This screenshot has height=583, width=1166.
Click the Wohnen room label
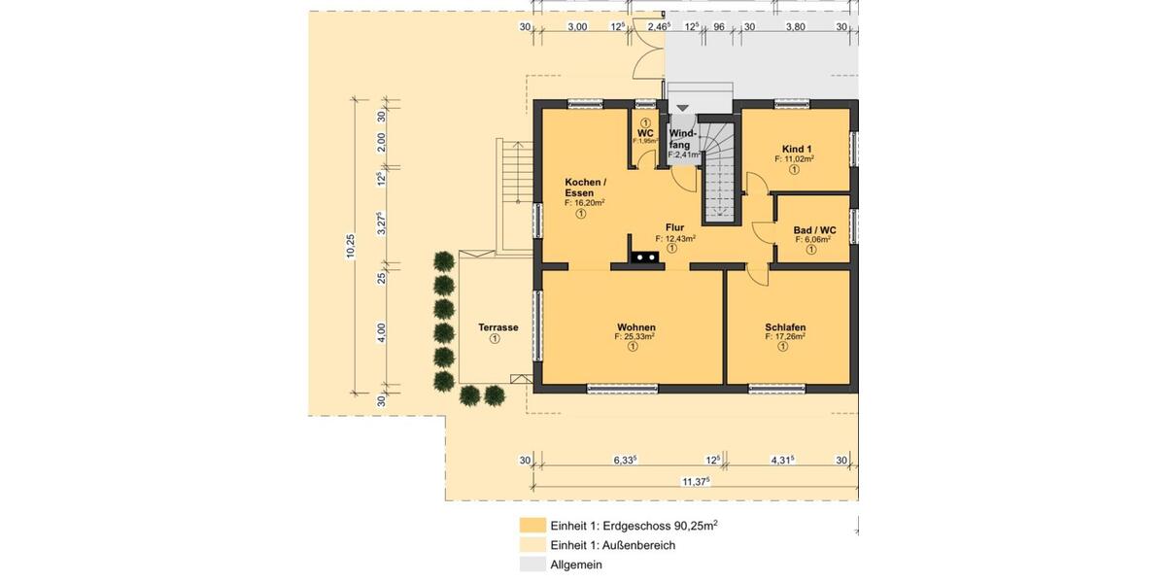[635, 327]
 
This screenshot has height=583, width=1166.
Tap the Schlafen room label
[785, 327]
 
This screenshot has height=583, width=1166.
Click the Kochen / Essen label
[585, 188]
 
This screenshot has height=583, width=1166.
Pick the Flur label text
[674, 227]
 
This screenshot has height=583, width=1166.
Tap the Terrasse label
[497, 327]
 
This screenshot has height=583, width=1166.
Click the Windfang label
[682, 138]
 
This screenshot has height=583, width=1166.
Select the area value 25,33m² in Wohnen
[634, 337]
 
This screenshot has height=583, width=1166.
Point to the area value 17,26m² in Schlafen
[785, 337]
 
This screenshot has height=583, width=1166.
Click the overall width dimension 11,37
[695, 481]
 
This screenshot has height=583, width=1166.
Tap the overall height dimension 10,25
[351, 248]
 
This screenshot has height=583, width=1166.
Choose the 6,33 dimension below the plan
[625, 460]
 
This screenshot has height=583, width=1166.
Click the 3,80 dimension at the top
[795, 27]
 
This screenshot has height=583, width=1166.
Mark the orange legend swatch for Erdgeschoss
[532, 526]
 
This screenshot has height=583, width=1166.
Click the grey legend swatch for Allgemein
[532, 565]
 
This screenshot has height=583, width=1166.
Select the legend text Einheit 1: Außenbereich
[612, 545]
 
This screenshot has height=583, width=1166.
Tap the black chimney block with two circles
[644, 257]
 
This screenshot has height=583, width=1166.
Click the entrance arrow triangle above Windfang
[682, 108]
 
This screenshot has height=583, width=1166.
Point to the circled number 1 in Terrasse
[495, 339]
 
